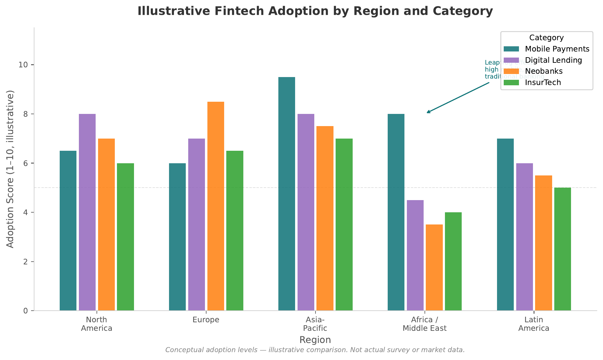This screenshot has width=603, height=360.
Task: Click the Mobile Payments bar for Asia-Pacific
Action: [x=287, y=194]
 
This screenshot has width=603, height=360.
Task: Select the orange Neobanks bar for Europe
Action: [x=216, y=206]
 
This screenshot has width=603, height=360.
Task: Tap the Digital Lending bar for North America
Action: [x=87, y=212]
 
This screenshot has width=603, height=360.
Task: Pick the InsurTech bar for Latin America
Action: [x=562, y=249]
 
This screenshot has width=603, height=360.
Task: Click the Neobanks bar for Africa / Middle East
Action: [x=434, y=267]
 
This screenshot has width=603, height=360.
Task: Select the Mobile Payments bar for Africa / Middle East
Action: [x=396, y=212]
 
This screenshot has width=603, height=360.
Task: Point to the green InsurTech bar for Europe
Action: [x=235, y=231]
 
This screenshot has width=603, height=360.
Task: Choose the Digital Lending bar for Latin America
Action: [x=524, y=237]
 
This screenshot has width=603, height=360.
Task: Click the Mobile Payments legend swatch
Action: [x=511, y=49]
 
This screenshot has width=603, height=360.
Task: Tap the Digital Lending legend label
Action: [x=553, y=60]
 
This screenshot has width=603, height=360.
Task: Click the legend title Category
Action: [x=546, y=38]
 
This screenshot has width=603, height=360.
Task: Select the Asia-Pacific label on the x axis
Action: [x=315, y=324]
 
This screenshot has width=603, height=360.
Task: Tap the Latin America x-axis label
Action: [x=534, y=324]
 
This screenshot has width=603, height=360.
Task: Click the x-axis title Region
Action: [x=315, y=340]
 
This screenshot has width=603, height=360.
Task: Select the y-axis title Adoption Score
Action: [x=10, y=169]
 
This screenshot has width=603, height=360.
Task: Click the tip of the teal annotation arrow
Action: [x=427, y=113]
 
